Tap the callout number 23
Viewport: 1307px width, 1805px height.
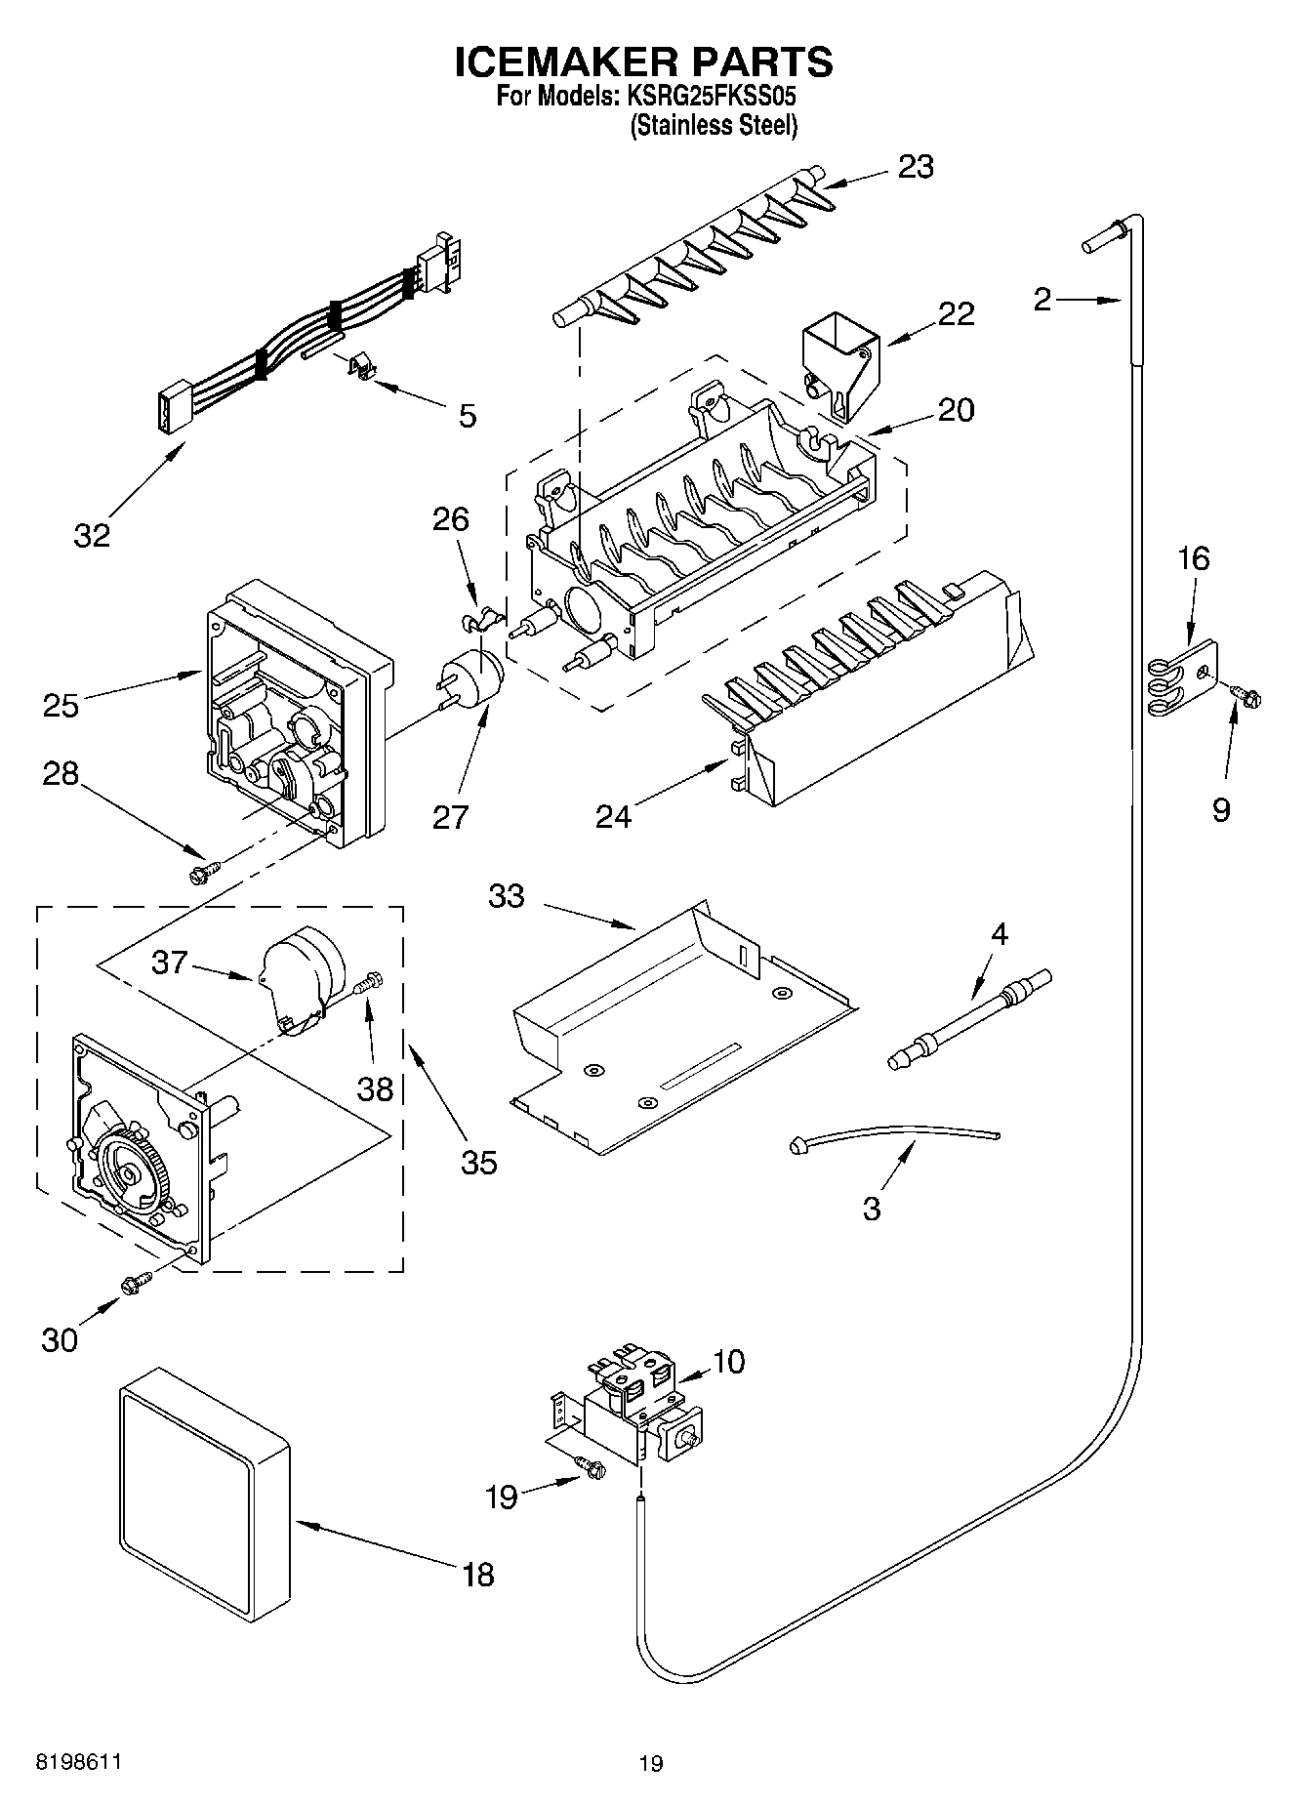pyautogui.click(x=916, y=167)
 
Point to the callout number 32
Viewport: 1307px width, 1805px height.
pyautogui.click(x=93, y=535)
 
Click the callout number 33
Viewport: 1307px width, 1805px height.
pyautogui.click(x=507, y=895)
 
